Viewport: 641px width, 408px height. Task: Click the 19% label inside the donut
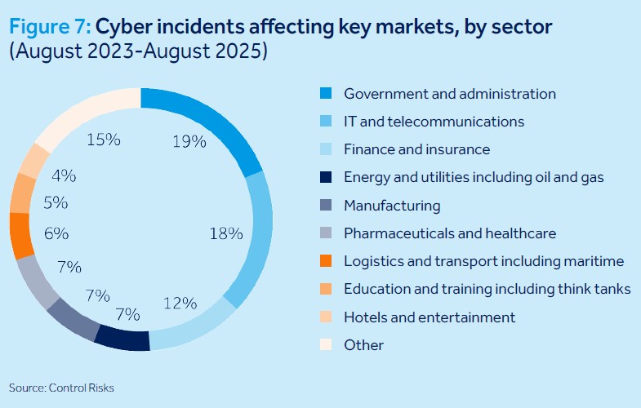189,141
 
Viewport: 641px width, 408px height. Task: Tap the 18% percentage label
226,233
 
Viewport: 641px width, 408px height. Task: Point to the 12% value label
180,303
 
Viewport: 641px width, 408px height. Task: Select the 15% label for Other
104,140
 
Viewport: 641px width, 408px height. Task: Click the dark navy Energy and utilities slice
122,336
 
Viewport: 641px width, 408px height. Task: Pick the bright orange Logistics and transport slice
20,235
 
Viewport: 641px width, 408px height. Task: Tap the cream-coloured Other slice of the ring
82,115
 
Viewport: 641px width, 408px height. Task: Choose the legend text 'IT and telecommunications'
434,122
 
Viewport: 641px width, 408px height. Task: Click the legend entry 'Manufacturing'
392,206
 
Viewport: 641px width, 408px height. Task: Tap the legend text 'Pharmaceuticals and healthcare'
450,233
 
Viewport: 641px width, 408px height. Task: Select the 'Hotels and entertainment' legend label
430,317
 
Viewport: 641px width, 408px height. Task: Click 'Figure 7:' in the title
50,27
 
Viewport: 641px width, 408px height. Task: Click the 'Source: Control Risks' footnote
61,388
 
